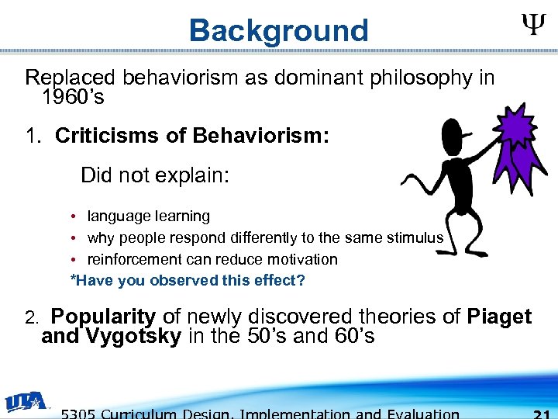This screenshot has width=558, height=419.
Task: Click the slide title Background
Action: point(278,30)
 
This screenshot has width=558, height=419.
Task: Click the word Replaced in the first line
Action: point(70,78)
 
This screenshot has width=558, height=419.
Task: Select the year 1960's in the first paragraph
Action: point(73,99)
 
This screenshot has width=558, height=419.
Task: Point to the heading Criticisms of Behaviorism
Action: point(192,137)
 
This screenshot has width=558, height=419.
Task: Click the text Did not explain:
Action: point(155,175)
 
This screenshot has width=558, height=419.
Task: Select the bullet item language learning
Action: point(148,216)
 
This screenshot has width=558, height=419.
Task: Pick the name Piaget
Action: point(499,317)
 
